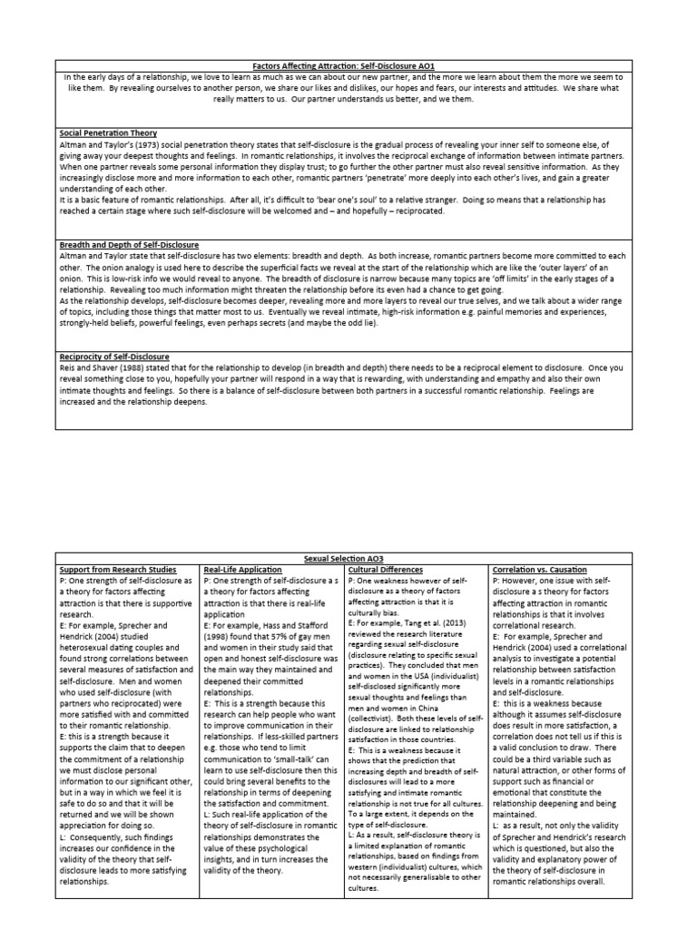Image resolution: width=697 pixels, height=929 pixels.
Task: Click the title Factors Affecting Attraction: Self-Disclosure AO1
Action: pyautogui.click(x=348, y=65)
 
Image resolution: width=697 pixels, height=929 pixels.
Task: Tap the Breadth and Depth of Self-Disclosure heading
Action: pyautogui.click(x=129, y=245)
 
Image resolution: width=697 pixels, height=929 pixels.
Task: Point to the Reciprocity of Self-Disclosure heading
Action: pyautogui.click(x=114, y=357)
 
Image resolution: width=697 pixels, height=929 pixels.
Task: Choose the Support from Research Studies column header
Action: pyautogui.click(x=119, y=569)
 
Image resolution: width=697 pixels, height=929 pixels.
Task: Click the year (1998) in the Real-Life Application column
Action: pyautogui.click(x=221, y=636)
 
